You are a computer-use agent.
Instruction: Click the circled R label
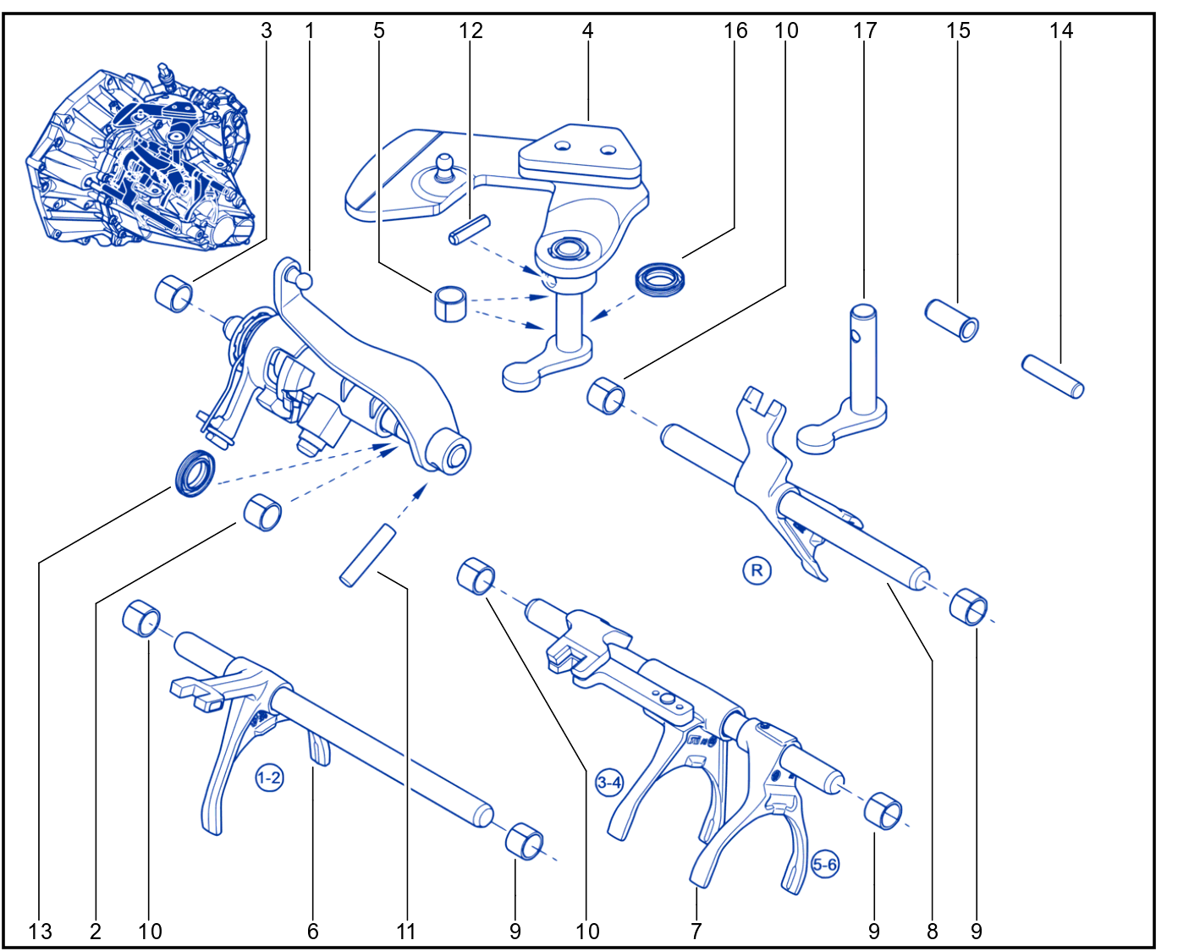(x=756, y=570)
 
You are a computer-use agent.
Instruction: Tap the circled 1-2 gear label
(x=269, y=778)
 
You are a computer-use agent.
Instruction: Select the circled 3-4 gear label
(x=609, y=783)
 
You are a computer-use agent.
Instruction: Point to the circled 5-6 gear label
(x=824, y=864)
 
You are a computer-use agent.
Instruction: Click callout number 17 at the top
(x=865, y=30)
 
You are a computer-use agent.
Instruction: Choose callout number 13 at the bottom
(x=40, y=932)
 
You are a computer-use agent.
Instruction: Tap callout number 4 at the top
(x=587, y=30)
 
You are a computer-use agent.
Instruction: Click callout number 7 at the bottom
(x=696, y=932)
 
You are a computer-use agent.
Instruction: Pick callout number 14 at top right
(x=1061, y=30)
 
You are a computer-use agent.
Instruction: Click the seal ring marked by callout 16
(x=660, y=279)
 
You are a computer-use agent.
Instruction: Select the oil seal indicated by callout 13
(x=195, y=473)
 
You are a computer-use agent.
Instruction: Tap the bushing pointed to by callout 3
(x=173, y=294)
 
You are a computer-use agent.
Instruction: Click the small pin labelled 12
(x=470, y=229)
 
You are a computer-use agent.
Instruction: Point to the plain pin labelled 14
(x=1053, y=377)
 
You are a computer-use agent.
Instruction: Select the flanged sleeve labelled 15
(x=952, y=321)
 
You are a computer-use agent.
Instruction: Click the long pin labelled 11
(x=367, y=555)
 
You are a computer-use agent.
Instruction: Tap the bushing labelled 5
(x=450, y=304)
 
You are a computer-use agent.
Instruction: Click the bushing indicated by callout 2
(x=262, y=513)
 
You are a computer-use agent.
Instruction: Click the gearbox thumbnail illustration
(x=141, y=157)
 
